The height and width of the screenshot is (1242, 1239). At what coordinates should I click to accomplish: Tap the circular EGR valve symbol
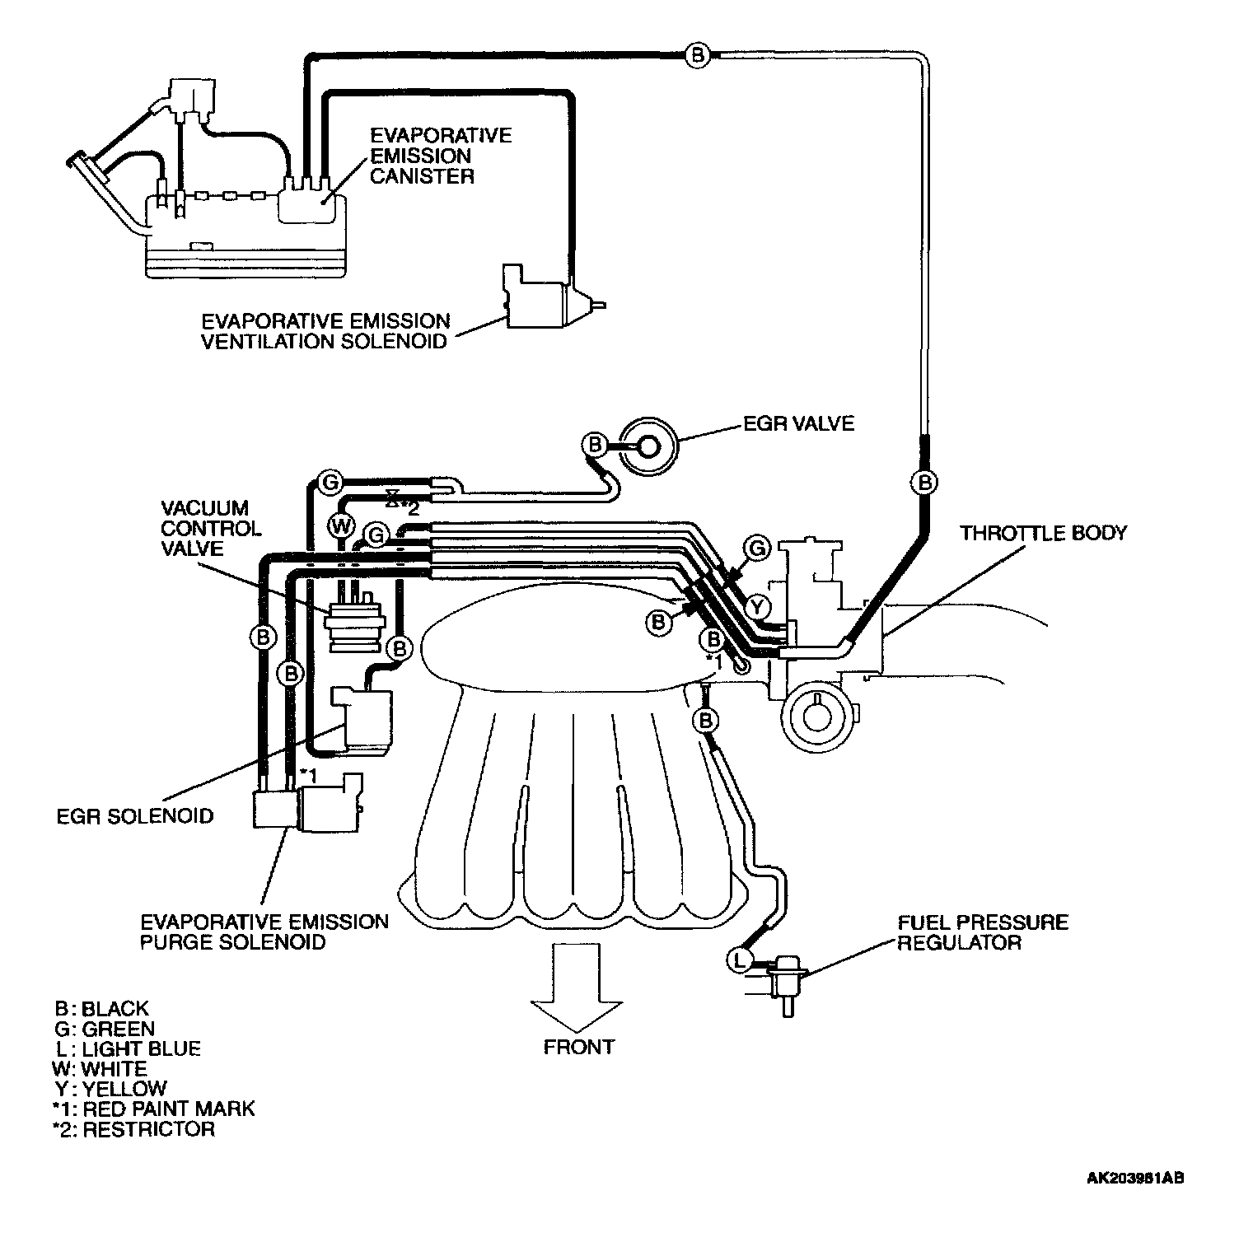[648, 446]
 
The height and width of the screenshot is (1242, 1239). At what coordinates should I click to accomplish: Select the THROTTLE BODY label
[1042, 533]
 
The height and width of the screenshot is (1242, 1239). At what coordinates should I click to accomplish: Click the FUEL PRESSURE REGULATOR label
[982, 932]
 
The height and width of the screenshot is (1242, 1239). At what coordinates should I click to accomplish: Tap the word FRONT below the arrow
[578, 1047]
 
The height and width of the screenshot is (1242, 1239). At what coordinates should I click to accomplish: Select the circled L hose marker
[739, 959]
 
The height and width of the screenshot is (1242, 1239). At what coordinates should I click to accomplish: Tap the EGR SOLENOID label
[135, 816]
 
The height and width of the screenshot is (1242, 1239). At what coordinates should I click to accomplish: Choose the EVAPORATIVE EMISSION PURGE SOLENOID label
[264, 931]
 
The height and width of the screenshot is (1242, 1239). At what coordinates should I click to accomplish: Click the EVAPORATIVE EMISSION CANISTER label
[440, 156]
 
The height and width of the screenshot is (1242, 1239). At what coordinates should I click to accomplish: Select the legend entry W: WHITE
[99, 1068]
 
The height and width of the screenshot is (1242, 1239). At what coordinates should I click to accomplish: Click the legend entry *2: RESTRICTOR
[133, 1128]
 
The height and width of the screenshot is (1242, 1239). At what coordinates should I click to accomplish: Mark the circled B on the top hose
[697, 55]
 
